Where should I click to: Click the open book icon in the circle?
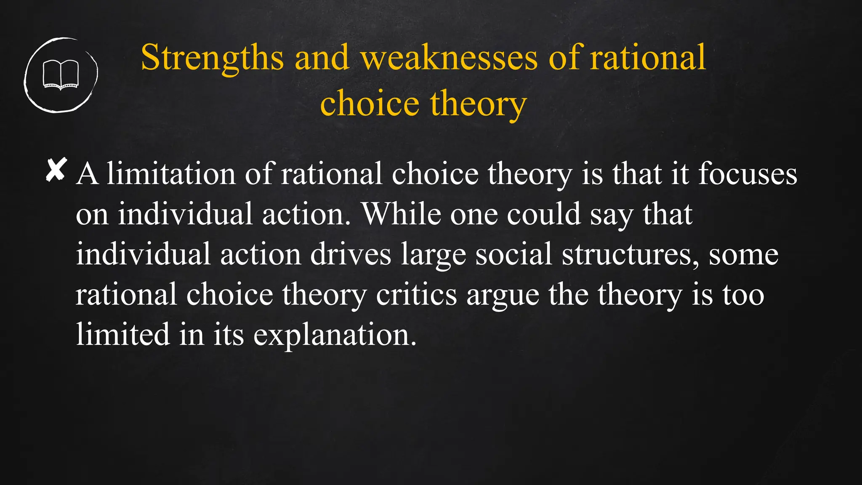61,75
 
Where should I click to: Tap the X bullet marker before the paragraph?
56,170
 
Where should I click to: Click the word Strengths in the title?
212,58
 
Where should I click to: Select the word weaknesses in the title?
449,58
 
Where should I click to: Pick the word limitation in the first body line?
171,174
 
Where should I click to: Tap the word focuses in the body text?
748,174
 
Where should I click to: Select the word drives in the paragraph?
351,254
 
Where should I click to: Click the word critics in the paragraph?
416,294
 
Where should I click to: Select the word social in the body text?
513,254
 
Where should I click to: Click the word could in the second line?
543,214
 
